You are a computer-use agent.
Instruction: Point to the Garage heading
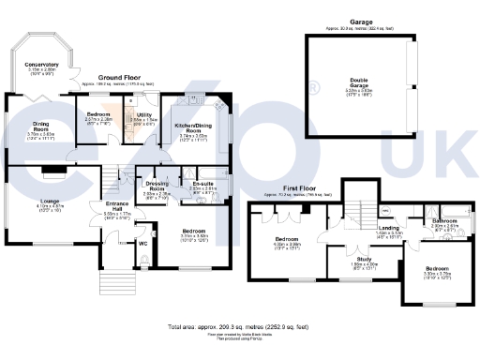pos(359,22)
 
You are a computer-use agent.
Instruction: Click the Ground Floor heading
pos(127,77)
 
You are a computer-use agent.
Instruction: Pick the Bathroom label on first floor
pos(444,220)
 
